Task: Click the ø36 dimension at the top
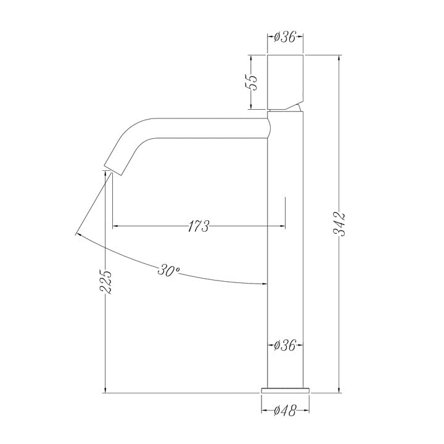[285, 36]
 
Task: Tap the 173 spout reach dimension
[198, 226]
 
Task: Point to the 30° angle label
[169, 269]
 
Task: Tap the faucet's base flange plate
[285, 390]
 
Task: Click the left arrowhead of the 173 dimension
[115, 226]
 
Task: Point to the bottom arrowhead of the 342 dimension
[339, 389]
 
